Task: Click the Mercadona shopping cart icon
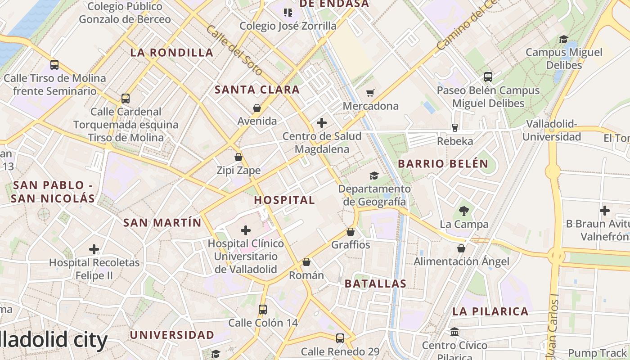(x=370, y=93)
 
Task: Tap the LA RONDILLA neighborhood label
(x=172, y=53)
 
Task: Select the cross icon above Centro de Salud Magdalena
(x=322, y=122)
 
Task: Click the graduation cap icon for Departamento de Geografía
(x=374, y=175)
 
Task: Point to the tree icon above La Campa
(x=463, y=211)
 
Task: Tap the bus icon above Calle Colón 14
(x=263, y=310)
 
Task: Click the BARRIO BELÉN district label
(x=443, y=164)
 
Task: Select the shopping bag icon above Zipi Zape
(x=238, y=157)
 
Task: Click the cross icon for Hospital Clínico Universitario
(x=246, y=230)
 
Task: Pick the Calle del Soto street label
(x=234, y=50)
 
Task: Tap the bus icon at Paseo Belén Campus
(x=488, y=77)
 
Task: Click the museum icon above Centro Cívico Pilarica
(x=454, y=332)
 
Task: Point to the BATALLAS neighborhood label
(x=375, y=284)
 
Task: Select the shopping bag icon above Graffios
(x=351, y=232)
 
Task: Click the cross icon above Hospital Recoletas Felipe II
(x=94, y=249)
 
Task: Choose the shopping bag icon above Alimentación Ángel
(x=461, y=248)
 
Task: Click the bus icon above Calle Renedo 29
(x=340, y=338)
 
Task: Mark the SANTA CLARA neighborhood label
(x=257, y=90)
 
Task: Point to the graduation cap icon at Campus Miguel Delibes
(x=563, y=39)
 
